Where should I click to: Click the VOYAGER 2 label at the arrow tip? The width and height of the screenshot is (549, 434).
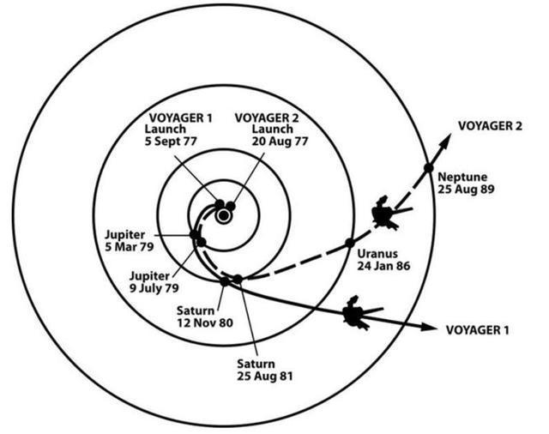point(490,124)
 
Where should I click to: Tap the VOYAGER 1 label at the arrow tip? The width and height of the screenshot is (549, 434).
point(478,329)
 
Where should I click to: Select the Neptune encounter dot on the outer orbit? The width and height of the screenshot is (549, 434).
point(427,167)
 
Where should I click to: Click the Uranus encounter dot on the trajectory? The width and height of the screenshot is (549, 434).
point(350,243)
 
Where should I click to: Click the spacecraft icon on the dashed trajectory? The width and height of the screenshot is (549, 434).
point(383,211)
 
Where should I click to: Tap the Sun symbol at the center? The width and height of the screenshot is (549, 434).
point(223,216)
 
